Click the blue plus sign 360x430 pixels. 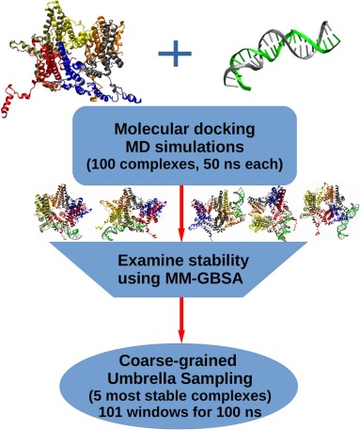pos(175,54)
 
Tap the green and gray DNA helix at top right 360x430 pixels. pos(282,56)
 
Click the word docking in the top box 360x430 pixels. pos(228,129)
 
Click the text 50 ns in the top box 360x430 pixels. pos(222,165)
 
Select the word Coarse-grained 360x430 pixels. pos(178,361)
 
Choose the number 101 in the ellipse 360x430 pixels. pos(110,412)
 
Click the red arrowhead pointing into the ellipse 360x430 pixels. pos(181,335)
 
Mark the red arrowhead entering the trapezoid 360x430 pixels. pos(181,235)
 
